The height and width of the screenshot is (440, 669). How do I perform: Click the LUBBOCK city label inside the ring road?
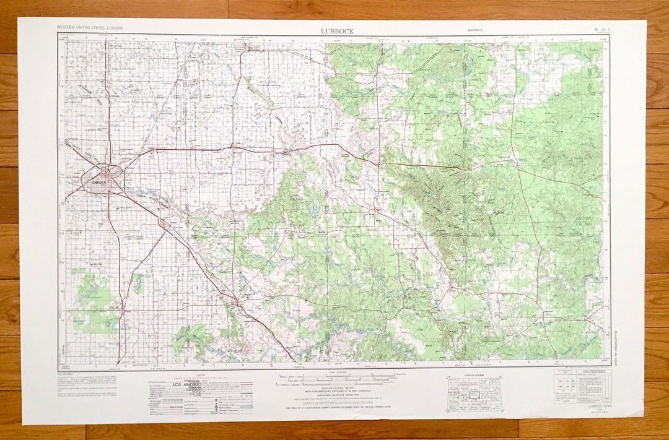click(98, 183)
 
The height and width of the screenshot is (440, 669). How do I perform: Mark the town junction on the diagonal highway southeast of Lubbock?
click(237, 302)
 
